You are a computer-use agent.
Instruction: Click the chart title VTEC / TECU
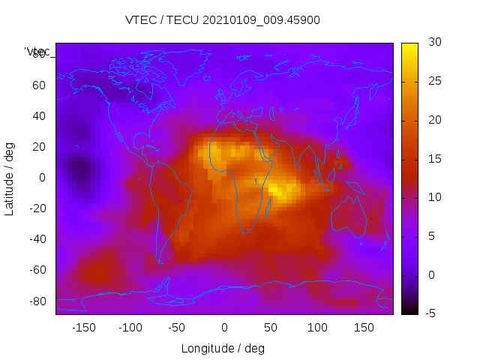tap(223, 20)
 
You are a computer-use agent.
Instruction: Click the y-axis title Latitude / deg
tap(10, 178)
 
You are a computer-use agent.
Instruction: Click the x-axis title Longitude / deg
tap(223, 349)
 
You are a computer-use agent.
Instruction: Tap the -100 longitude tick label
tap(130, 328)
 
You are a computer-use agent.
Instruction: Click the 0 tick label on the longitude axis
tap(223, 328)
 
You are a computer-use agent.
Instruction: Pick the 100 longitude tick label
tap(317, 328)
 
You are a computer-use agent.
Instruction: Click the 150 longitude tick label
tap(364, 328)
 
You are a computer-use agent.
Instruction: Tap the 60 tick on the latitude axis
tap(39, 85)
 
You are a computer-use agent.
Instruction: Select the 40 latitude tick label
tap(39, 115)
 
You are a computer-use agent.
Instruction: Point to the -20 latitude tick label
tap(37, 208)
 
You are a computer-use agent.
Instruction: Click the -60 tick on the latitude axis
tap(37, 270)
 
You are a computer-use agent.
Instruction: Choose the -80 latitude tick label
tap(37, 301)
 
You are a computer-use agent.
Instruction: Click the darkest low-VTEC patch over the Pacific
tap(77, 171)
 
